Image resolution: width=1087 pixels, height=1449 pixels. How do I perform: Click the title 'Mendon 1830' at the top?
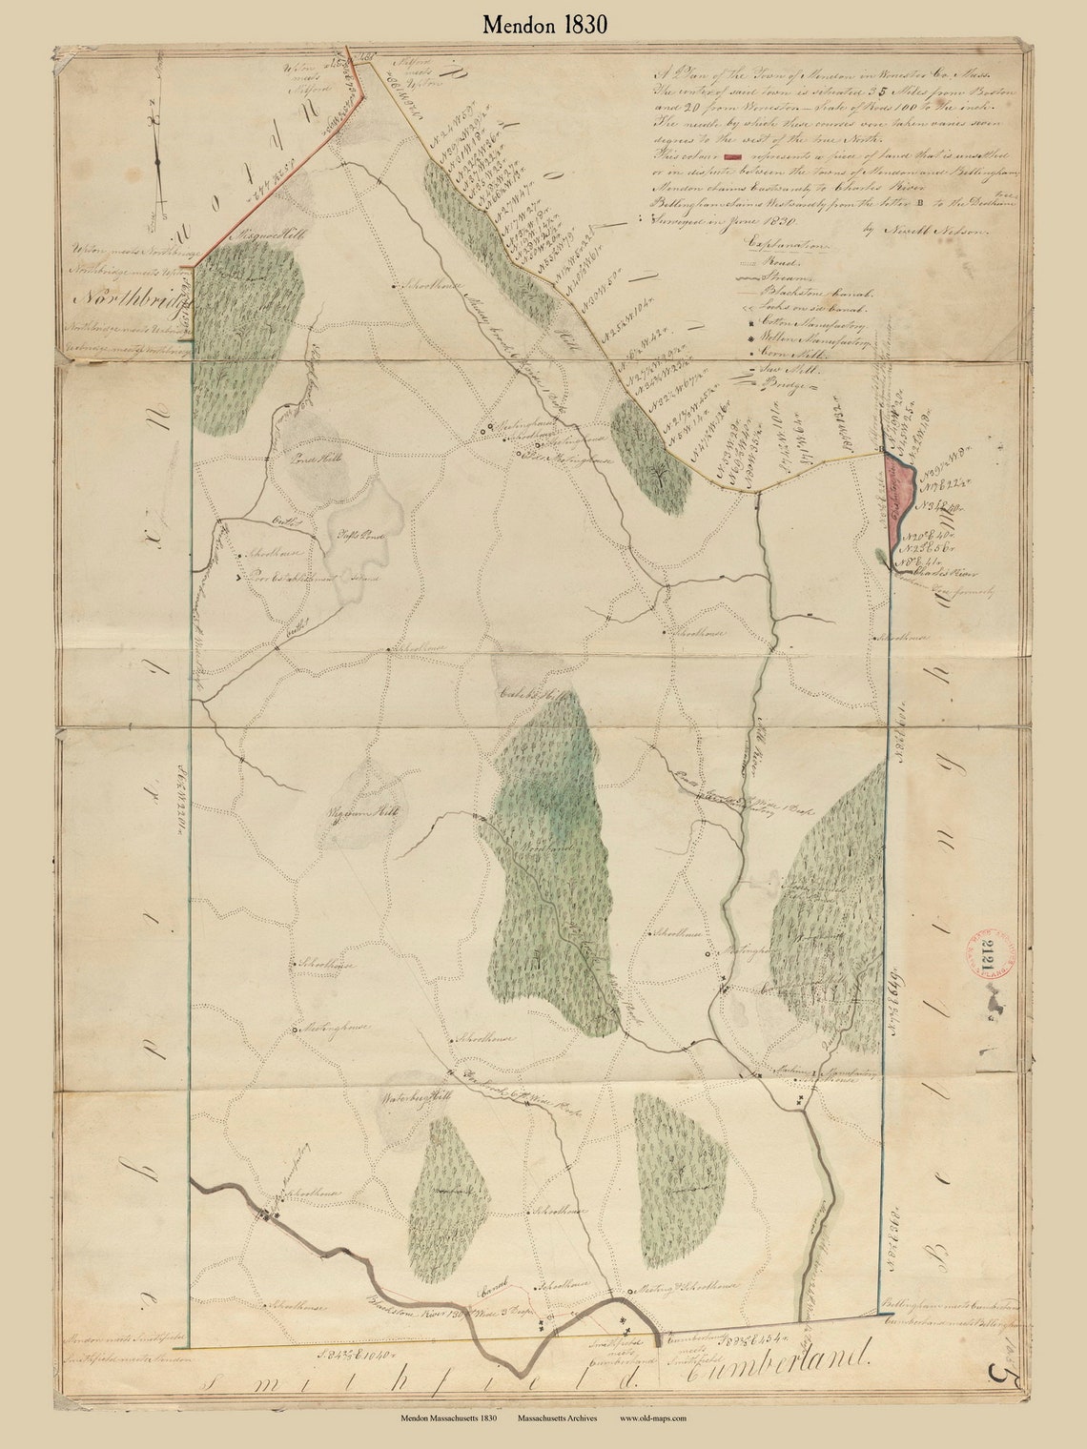543,25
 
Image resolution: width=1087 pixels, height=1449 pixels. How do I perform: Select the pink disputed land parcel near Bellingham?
898,505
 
